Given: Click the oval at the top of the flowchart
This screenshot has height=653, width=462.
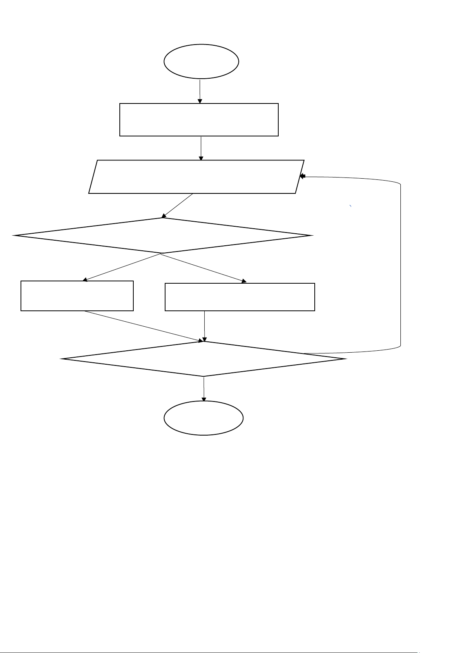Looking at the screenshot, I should pyautogui.click(x=201, y=61).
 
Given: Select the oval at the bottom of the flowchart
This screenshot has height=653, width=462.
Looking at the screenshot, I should pyautogui.click(x=203, y=418).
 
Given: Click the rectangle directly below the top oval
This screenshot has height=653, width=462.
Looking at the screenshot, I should pyautogui.click(x=199, y=119).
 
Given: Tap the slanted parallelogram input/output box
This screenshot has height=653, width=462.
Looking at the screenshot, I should pyautogui.click(x=196, y=176).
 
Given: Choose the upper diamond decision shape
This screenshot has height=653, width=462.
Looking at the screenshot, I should pyautogui.click(x=162, y=236).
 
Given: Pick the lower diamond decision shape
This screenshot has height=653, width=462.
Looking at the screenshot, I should pyautogui.click(x=204, y=359).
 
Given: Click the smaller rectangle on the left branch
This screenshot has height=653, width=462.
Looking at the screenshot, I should pyautogui.click(x=77, y=296).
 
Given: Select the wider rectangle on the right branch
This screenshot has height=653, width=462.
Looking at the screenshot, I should pyautogui.click(x=240, y=297).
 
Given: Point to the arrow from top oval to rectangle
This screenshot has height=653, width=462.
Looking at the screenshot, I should pyautogui.click(x=200, y=91).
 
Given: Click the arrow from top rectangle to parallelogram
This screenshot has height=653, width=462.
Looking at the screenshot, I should pyautogui.click(x=201, y=148).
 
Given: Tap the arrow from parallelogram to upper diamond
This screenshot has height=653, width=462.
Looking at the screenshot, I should pyautogui.click(x=178, y=205).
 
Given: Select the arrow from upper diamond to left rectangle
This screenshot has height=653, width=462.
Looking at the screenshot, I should pyautogui.click(x=122, y=267).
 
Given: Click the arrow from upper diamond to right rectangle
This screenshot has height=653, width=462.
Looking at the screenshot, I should pyautogui.click(x=203, y=268).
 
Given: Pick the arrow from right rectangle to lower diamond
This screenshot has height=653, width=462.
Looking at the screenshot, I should pyautogui.click(x=204, y=326).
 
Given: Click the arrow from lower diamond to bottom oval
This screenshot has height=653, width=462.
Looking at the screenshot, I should pyautogui.click(x=203, y=388).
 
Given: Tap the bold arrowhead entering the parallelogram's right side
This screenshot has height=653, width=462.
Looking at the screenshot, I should pyautogui.click(x=303, y=176).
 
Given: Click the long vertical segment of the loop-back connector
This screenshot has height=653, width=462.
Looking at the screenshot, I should pyautogui.click(x=400, y=264).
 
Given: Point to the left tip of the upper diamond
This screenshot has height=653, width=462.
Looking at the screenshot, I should pyautogui.click(x=14, y=235).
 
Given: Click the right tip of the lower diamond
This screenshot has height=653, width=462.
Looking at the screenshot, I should pyautogui.click(x=345, y=359).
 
